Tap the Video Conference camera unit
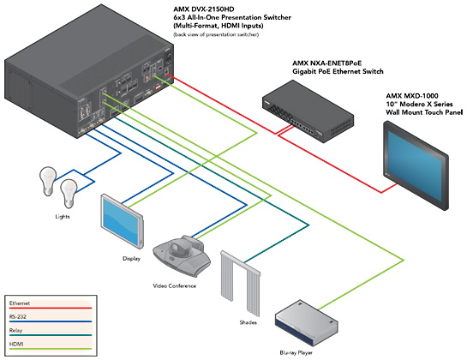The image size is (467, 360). coord(182,255)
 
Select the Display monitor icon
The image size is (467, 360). coord(123,220)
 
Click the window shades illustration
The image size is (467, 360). coord(240,284)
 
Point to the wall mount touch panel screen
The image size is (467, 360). coord(416,165)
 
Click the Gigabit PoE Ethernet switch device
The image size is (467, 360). coord(308,111)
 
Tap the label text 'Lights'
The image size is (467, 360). coord(63,217)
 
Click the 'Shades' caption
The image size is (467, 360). coord(248,322)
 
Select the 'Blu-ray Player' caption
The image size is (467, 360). coord(296,353)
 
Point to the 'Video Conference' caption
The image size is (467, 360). coord(175,285)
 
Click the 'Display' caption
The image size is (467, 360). coord(131,258)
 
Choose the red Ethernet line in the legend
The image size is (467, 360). coord(51,308)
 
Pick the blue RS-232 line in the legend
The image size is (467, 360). coord(51,321)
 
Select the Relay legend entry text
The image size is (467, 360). coord(15,330)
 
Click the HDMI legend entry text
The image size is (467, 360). coord(16,344)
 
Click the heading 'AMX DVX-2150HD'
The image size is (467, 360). coord(204,9)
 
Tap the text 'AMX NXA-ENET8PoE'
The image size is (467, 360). coord(326,63)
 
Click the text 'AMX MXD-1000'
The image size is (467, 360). coord(412,96)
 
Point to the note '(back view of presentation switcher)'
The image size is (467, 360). coord(216,34)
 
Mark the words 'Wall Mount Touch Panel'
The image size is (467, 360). coord(424,112)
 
